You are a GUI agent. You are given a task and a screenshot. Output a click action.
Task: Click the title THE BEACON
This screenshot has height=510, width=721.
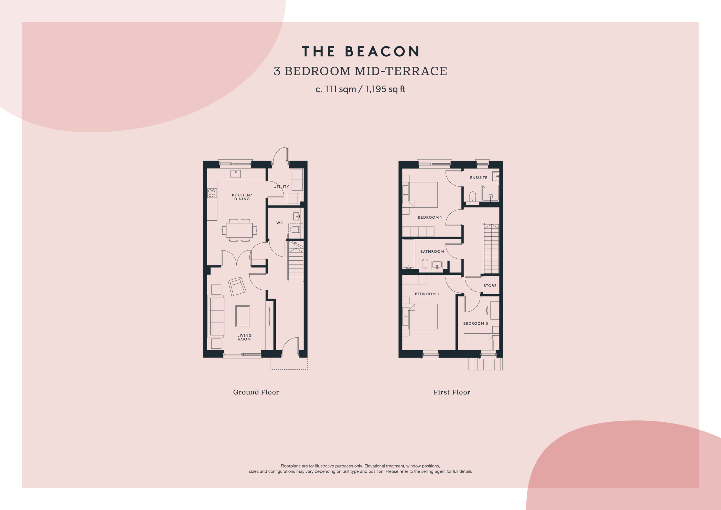360,52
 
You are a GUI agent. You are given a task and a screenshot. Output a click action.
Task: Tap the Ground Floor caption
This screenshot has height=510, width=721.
256,392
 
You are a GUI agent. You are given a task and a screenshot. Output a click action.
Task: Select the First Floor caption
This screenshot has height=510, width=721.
451,392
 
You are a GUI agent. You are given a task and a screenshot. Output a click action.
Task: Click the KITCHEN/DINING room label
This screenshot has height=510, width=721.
242,197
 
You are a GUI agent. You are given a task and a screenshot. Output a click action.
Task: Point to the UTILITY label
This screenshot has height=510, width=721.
281,187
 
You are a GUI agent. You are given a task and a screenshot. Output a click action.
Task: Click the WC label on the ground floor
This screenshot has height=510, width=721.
280,223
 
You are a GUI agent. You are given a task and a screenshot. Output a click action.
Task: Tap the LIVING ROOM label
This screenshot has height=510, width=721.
244,337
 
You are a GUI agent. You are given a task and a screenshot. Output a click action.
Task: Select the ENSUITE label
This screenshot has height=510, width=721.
479,178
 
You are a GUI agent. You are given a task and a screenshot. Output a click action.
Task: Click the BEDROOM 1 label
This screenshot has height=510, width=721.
430,218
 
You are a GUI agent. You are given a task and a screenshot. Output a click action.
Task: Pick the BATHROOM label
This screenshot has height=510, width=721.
432,252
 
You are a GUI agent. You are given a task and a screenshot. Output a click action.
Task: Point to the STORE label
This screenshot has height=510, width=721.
490,286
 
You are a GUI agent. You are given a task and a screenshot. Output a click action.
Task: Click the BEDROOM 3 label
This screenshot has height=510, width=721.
475,324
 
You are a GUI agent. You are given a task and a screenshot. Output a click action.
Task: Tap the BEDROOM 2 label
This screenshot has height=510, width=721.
427,294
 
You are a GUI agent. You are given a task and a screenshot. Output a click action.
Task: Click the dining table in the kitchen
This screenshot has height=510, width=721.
239,230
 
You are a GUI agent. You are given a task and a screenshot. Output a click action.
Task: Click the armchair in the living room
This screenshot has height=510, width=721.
237,287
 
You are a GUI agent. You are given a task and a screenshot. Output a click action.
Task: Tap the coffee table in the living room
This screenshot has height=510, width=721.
243,316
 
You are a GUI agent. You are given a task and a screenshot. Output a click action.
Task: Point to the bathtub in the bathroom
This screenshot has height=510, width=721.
408,254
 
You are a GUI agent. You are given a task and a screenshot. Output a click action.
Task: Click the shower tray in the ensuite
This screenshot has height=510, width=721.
490,193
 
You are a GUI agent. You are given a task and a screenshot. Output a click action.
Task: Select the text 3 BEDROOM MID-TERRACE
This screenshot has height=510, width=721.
360,71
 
